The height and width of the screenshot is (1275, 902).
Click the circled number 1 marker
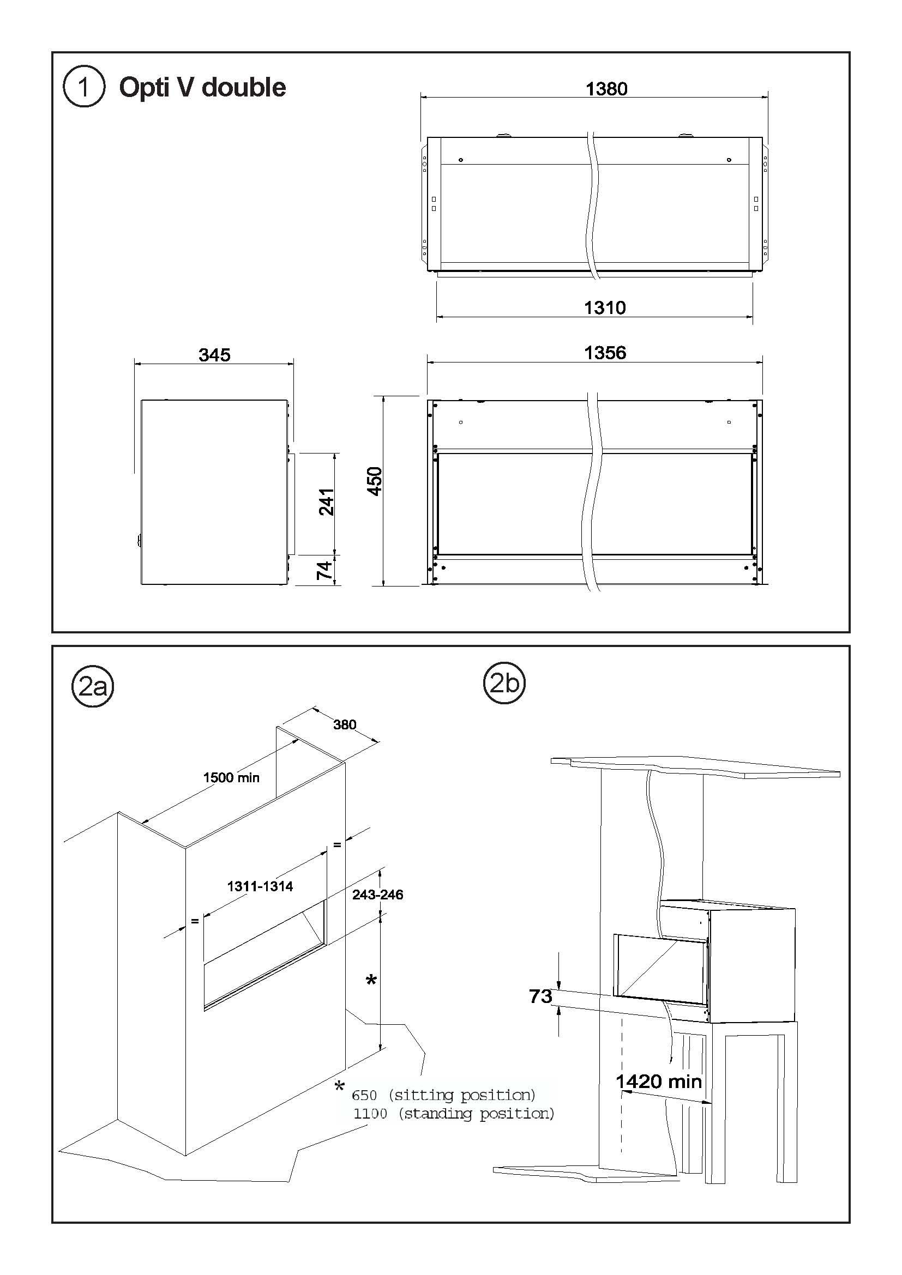(x=84, y=87)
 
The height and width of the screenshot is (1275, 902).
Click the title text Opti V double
(x=203, y=88)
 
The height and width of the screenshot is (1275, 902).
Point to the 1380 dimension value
(x=606, y=89)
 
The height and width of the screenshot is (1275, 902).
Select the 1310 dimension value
(x=605, y=307)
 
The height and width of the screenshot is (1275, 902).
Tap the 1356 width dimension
(x=605, y=353)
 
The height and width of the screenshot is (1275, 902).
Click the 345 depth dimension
(x=214, y=355)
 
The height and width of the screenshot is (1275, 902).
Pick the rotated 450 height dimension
(x=375, y=481)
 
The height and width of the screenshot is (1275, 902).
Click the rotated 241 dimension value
(x=327, y=502)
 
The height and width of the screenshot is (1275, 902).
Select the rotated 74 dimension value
(x=324, y=570)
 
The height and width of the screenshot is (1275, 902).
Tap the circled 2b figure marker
(x=504, y=683)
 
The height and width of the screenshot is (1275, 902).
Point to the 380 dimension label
(x=344, y=724)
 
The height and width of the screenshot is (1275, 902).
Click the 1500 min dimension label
(x=231, y=777)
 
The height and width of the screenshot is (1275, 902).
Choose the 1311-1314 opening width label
(x=260, y=886)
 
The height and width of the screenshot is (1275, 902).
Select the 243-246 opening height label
(x=378, y=895)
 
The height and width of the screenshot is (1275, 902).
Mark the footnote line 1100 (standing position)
(x=454, y=1114)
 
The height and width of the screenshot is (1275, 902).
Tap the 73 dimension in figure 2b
(x=540, y=996)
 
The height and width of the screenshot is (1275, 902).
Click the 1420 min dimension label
(x=659, y=1081)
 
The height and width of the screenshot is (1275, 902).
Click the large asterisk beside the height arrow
(x=371, y=981)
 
